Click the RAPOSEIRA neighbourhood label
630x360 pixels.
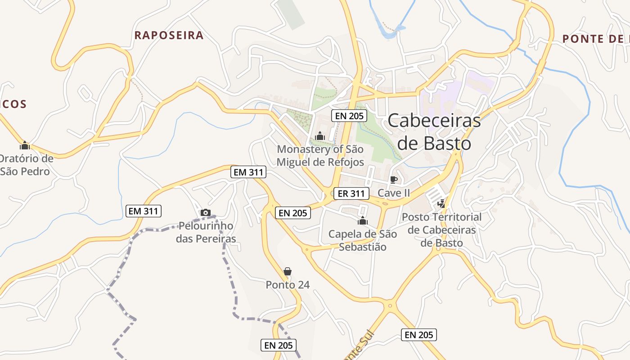(x=169, y=36)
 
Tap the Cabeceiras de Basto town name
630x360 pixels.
(x=434, y=132)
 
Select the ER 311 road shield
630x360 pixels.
(x=351, y=193)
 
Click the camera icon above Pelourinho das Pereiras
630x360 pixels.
(x=206, y=212)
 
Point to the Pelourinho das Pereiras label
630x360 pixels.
(x=206, y=232)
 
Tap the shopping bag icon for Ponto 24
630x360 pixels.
(x=288, y=271)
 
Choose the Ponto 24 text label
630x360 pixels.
(x=288, y=285)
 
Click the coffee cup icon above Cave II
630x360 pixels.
(x=394, y=180)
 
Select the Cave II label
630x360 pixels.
(x=394, y=193)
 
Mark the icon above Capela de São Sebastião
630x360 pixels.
(x=362, y=220)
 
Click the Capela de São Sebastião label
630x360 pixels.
(x=363, y=240)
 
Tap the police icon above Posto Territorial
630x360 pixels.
(x=441, y=203)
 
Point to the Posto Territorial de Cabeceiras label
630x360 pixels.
(x=441, y=230)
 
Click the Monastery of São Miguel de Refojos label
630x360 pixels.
(x=320, y=155)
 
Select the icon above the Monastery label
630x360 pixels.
(x=320, y=135)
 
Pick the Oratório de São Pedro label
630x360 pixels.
(x=26, y=165)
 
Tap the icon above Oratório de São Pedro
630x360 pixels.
(x=25, y=145)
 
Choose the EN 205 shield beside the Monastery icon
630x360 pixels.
(x=349, y=116)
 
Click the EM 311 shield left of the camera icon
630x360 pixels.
(x=144, y=211)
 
